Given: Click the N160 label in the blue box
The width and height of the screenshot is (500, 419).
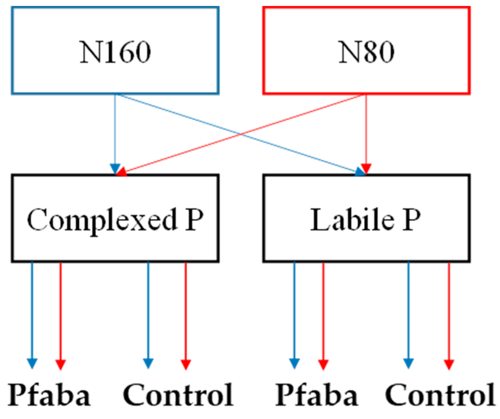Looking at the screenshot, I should [115, 52].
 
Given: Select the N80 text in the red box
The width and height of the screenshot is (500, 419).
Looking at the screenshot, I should [366, 52].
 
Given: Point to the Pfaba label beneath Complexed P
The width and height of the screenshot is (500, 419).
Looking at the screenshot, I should [49, 395].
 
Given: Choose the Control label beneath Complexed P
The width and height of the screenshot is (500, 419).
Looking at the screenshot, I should [178, 395].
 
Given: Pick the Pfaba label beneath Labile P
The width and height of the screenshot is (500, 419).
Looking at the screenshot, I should [317, 395].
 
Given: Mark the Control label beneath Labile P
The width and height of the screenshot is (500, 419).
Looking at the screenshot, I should [440, 395].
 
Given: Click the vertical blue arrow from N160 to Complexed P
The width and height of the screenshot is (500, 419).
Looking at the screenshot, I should [115, 131].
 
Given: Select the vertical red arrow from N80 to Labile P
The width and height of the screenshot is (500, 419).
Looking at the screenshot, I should [366, 131].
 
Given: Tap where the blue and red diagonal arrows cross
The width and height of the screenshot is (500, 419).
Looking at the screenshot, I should [241, 134].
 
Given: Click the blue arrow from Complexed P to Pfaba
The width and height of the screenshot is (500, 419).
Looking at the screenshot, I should [32, 311].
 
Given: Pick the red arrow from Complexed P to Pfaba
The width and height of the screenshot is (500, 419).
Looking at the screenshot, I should [60, 311].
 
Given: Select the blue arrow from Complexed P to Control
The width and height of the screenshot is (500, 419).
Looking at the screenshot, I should [148, 311].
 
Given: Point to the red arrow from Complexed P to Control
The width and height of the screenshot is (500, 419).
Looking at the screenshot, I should [186, 311].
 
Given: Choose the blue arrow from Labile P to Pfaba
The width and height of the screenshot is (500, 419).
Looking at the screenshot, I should [294, 311].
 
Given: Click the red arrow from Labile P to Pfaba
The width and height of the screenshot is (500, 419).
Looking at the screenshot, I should [323, 311].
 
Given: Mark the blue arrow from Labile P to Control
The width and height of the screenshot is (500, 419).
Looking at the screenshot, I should [408, 311].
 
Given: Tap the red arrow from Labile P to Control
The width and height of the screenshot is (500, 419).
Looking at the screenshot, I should [449, 311].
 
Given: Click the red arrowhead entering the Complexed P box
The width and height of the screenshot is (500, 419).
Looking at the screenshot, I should [122, 171].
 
